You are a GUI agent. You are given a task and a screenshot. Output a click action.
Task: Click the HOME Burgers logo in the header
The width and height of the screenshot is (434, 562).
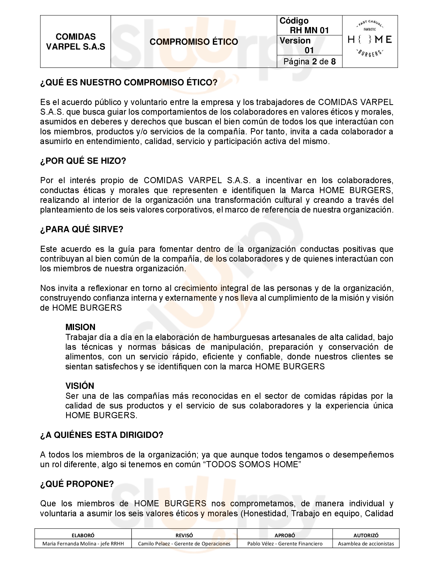370,40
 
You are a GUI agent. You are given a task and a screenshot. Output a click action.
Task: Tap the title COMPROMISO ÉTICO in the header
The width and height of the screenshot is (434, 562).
194,42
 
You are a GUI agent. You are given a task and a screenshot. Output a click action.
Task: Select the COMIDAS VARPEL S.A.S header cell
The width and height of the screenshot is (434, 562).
76,42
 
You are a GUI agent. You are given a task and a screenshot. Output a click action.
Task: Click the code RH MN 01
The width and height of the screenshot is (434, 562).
309,30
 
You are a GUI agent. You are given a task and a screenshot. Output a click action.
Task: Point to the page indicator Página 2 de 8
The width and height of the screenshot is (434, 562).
309,62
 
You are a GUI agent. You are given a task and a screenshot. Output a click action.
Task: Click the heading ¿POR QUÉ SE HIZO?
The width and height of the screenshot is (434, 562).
83,161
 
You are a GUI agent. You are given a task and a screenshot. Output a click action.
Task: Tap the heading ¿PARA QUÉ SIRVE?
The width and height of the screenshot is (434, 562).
82,229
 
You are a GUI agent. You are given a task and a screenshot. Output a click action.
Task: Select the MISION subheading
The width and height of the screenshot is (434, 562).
80,327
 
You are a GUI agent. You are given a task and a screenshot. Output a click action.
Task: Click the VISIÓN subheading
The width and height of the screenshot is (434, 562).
80,386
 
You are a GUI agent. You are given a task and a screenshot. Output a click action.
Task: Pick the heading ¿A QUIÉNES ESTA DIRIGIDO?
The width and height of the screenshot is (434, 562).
102,435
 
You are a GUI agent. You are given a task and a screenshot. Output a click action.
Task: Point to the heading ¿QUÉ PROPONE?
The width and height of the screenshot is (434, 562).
77,484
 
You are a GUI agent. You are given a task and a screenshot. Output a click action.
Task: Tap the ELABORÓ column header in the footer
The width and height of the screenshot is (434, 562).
83,535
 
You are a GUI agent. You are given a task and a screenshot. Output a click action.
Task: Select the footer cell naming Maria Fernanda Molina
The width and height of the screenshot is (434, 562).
83,544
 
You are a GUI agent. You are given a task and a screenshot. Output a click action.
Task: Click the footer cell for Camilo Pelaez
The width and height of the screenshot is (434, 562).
184,544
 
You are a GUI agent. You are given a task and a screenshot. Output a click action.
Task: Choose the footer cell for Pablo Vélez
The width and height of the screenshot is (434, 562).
285,544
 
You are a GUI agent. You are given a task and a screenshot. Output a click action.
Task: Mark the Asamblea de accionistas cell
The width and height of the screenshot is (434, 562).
366,544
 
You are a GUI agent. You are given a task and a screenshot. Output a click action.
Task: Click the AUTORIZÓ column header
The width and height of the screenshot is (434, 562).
366,535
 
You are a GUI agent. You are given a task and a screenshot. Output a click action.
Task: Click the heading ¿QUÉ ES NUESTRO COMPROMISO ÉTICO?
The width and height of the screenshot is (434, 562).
129,83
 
